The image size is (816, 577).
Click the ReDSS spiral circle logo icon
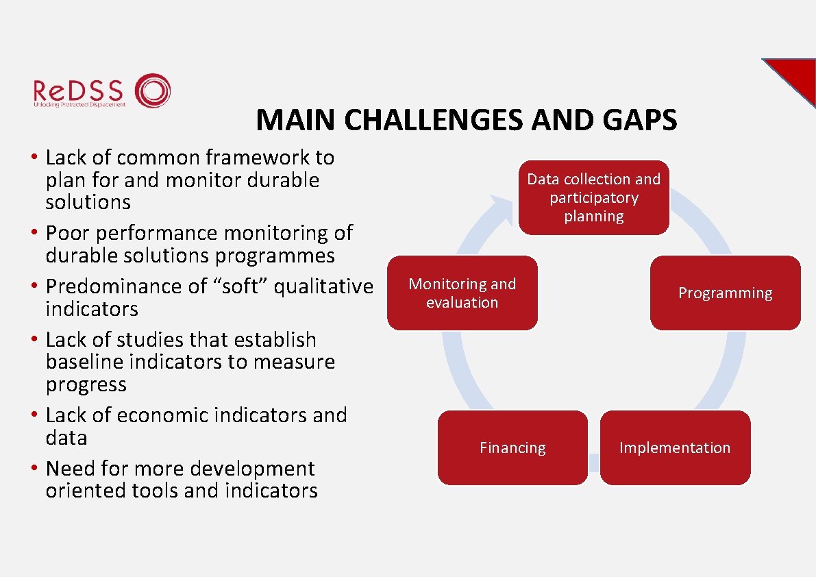(x=152, y=90)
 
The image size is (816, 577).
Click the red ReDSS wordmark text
(x=78, y=90)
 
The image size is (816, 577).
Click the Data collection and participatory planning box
(x=593, y=197)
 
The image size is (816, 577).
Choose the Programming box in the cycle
(x=725, y=293)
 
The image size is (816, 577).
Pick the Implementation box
(x=675, y=448)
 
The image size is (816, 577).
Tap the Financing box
(x=512, y=448)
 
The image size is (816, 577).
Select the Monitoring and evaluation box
(x=462, y=293)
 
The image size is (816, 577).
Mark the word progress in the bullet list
(x=86, y=385)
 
